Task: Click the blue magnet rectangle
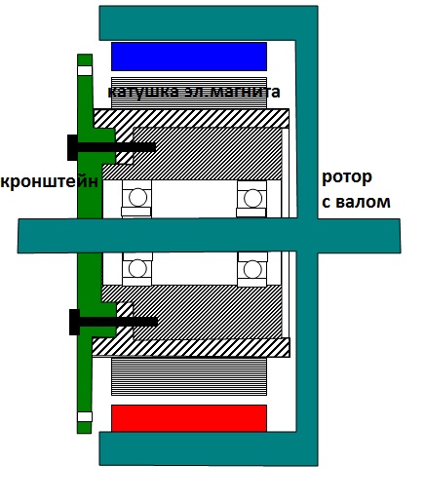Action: pos(189,57)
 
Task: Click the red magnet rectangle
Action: pos(189,418)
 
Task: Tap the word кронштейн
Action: pos(50,181)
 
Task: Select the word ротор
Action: pos(347,178)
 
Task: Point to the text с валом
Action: pos(356,202)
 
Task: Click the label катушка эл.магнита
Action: pos(194,92)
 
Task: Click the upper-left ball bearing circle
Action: pos(137,197)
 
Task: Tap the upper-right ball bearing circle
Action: pos(252,198)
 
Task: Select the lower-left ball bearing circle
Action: pos(137,268)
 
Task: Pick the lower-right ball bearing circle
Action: pos(252,269)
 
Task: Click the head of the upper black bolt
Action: pos(72,147)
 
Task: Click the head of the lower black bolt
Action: pos(75,322)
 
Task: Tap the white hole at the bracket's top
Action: pos(85,70)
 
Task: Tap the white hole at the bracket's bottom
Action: pos(85,417)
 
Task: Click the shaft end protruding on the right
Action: pos(359,236)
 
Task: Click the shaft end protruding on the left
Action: pos(48,236)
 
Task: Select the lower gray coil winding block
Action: pos(189,376)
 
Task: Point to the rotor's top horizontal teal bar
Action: pos(209,22)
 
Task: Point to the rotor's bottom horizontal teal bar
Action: pos(209,448)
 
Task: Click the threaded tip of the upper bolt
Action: pos(153,147)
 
